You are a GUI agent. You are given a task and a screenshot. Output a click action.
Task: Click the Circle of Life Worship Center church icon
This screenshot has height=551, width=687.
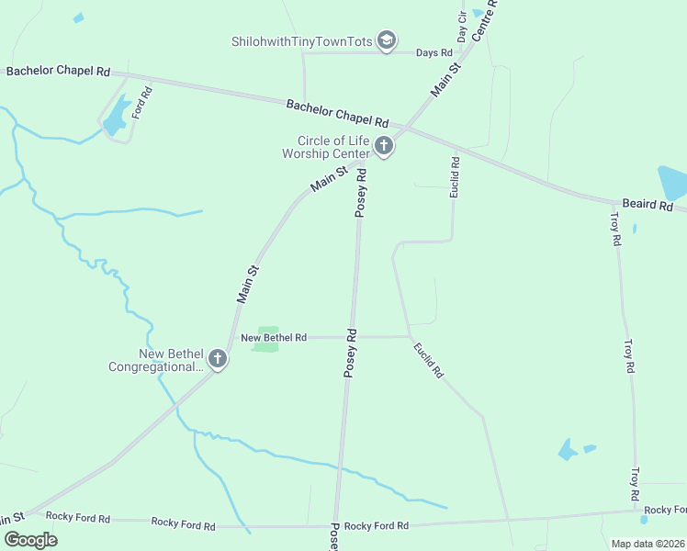coord(384,146)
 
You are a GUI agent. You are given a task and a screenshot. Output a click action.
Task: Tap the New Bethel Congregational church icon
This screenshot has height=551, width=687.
coord(217,359)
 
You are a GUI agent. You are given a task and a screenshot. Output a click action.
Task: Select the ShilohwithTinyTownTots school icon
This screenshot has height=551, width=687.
coord(387,40)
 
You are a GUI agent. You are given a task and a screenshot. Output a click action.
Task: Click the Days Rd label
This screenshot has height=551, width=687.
coord(434,53)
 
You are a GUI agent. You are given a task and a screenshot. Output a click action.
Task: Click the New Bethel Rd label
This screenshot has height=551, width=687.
coord(273,338)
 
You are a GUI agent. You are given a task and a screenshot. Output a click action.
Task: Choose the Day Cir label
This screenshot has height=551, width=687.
coord(463,28)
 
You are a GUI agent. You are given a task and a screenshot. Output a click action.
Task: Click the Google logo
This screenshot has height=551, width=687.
coord(30,539)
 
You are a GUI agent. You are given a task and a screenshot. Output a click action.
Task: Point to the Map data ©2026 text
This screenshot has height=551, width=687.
coord(648,544)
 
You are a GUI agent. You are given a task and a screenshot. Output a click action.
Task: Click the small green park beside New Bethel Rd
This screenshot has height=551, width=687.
coord(265,339)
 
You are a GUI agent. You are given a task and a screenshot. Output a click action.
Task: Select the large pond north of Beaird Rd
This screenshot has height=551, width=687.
coord(672,183)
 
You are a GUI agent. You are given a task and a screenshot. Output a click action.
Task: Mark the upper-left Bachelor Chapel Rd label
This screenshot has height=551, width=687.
coord(58,71)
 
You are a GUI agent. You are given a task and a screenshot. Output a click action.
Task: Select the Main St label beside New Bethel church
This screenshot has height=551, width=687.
coord(248,285)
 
